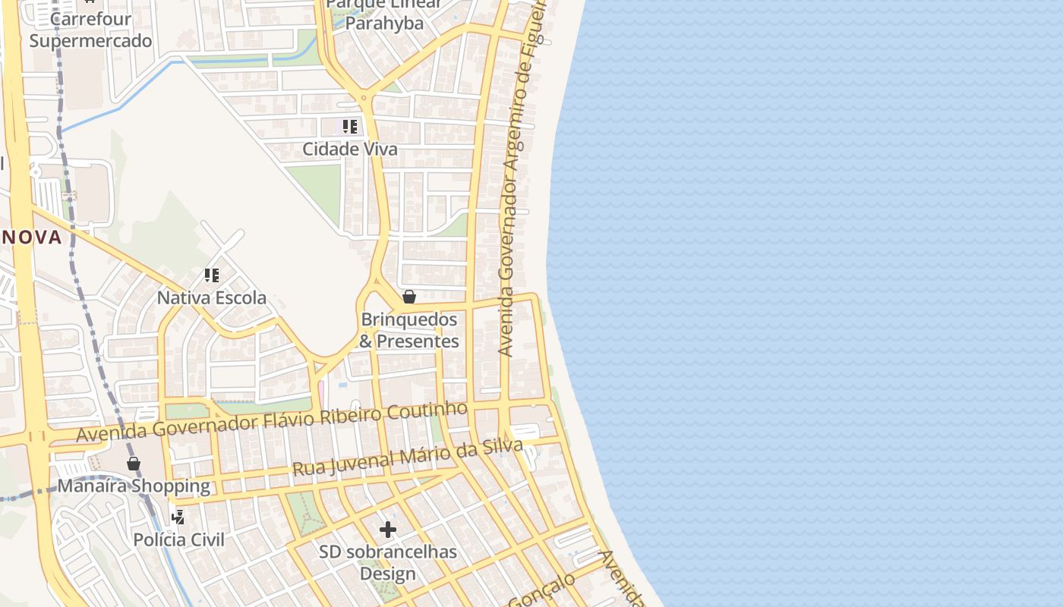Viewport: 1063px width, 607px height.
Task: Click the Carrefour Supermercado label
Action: [90, 30]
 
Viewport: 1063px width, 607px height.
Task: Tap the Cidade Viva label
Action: [349, 149]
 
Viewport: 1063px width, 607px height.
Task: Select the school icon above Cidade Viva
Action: [349, 126]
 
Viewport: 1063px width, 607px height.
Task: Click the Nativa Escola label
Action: [211, 297]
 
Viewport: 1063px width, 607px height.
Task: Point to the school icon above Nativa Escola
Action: [211, 275]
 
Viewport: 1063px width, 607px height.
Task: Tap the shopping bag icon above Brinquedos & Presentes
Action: [409, 296]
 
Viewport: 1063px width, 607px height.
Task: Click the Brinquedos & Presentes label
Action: [409, 330]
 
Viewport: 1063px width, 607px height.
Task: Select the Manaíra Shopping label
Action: [134, 486]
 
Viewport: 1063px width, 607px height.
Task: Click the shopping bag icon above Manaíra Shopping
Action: [134, 463]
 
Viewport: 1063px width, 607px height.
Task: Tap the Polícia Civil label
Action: [178, 539]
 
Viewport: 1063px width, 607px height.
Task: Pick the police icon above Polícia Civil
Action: [178, 517]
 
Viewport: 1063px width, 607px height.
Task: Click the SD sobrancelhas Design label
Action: [388, 562]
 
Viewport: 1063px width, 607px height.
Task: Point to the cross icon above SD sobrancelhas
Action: [388, 529]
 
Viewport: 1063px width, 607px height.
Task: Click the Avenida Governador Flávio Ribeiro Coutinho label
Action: [272, 422]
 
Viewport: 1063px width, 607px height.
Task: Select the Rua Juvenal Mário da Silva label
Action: [408, 458]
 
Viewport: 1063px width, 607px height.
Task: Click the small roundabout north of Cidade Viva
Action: [363, 97]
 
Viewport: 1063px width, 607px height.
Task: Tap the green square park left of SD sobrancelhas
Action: [306, 514]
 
